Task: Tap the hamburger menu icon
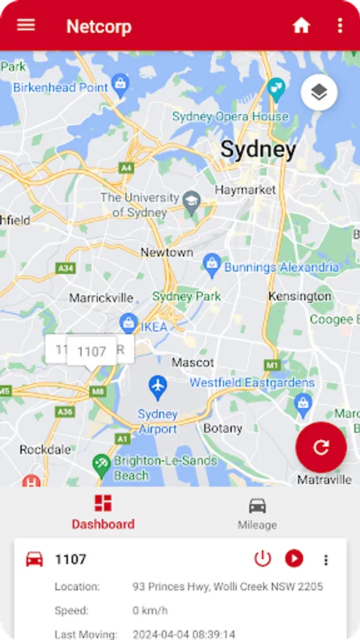pos(26,25)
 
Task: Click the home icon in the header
pos(302,26)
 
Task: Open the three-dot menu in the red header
pos(340,26)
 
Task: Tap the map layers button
pos(319,92)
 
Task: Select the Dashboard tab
pos(103,513)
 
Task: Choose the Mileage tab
pos(257,513)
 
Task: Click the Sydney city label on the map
pos(258,149)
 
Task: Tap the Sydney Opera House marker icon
pos(276,89)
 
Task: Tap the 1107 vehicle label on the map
pos(92,351)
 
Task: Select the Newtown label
pos(166,252)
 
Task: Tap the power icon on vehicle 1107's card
pos(263,559)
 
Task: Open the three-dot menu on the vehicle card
pos(326,560)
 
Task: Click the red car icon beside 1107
pos(34,559)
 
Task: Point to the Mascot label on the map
pos(193,363)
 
